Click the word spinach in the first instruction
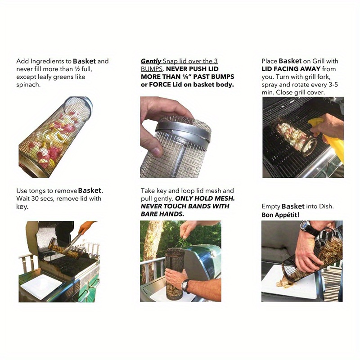point(28,85)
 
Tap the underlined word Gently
point(151,61)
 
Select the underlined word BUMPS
point(152,69)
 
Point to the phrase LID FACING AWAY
point(291,69)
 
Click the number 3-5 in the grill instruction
point(333,85)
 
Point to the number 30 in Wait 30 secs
point(35,198)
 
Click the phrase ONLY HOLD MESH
point(205,198)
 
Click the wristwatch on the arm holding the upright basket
point(185,286)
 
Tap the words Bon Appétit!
point(280,215)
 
